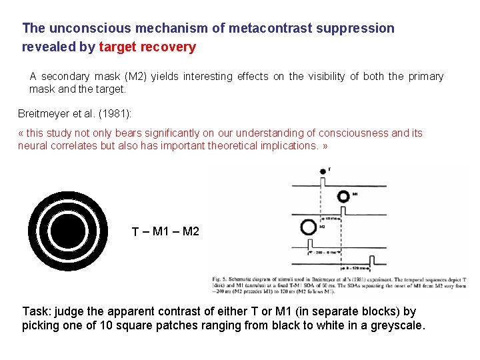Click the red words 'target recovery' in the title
(147, 47)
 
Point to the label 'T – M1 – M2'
(165, 231)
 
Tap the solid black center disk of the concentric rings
(69, 231)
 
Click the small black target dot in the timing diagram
(323, 171)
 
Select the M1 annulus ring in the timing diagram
(343, 197)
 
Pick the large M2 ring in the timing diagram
(309, 227)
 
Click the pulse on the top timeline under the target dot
(323, 182)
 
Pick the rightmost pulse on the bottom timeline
(377, 258)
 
